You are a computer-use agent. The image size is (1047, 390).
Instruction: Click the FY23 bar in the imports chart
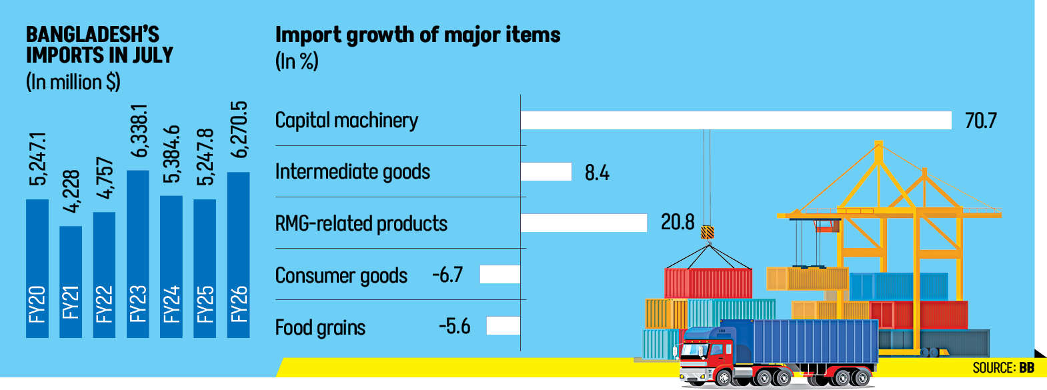(x=137, y=253)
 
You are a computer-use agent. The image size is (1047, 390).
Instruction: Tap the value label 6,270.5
(x=239, y=129)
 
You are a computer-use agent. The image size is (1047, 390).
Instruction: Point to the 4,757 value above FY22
(x=105, y=178)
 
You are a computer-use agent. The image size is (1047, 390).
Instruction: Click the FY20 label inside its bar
(x=37, y=304)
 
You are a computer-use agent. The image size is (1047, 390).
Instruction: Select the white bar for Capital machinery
(x=736, y=120)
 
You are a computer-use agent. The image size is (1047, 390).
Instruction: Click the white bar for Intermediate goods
(x=546, y=171)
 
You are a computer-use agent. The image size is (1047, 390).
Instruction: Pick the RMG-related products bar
(x=584, y=223)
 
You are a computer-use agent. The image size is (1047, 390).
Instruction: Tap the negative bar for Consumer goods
(x=499, y=274)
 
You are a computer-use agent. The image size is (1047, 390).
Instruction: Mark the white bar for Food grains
(x=503, y=325)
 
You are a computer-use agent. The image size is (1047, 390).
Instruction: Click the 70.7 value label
(x=980, y=121)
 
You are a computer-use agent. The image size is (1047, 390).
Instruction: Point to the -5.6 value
(x=455, y=326)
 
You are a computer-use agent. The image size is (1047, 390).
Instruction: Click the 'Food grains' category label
(x=320, y=327)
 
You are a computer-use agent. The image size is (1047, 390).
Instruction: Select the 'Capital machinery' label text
(x=346, y=121)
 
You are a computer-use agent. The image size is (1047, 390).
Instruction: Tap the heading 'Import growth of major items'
(x=417, y=35)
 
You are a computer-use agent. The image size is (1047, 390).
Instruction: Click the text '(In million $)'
(x=73, y=82)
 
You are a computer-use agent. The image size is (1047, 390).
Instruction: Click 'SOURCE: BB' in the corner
(x=1003, y=368)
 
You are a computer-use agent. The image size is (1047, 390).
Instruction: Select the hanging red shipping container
(x=708, y=283)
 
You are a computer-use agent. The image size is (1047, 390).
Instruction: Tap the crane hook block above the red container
(x=708, y=232)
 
